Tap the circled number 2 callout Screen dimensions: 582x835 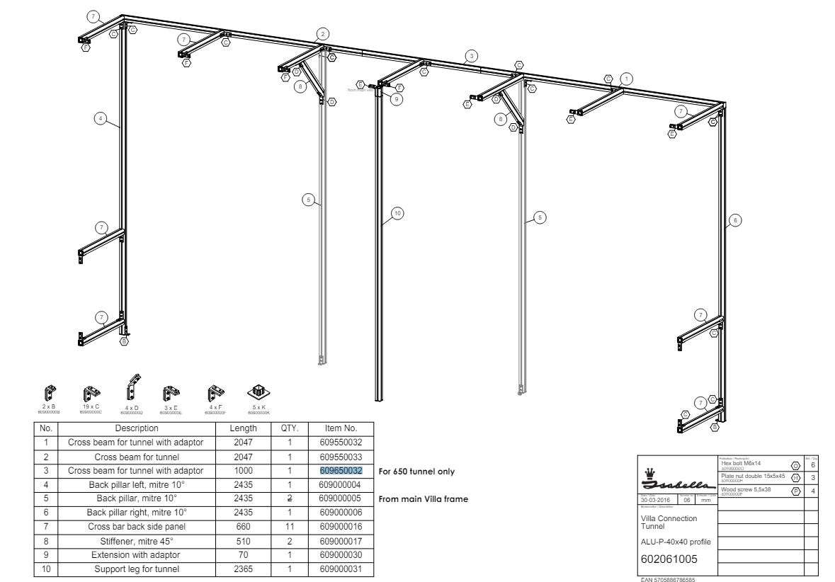(323, 33)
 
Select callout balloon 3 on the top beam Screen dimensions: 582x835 (470, 55)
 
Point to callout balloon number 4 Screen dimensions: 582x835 (101, 118)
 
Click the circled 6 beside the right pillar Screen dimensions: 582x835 (735, 221)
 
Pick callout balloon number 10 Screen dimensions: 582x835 (397, 212)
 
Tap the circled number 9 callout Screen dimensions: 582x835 (397, 99)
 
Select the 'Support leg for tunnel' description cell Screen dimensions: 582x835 (136, 569)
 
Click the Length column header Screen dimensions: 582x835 (243, 428)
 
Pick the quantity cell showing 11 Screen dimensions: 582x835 (290, 526)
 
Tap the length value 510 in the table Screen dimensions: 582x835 (243, 540)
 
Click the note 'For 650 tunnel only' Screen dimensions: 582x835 (416, 471)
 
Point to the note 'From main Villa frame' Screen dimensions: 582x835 (424, 499)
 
